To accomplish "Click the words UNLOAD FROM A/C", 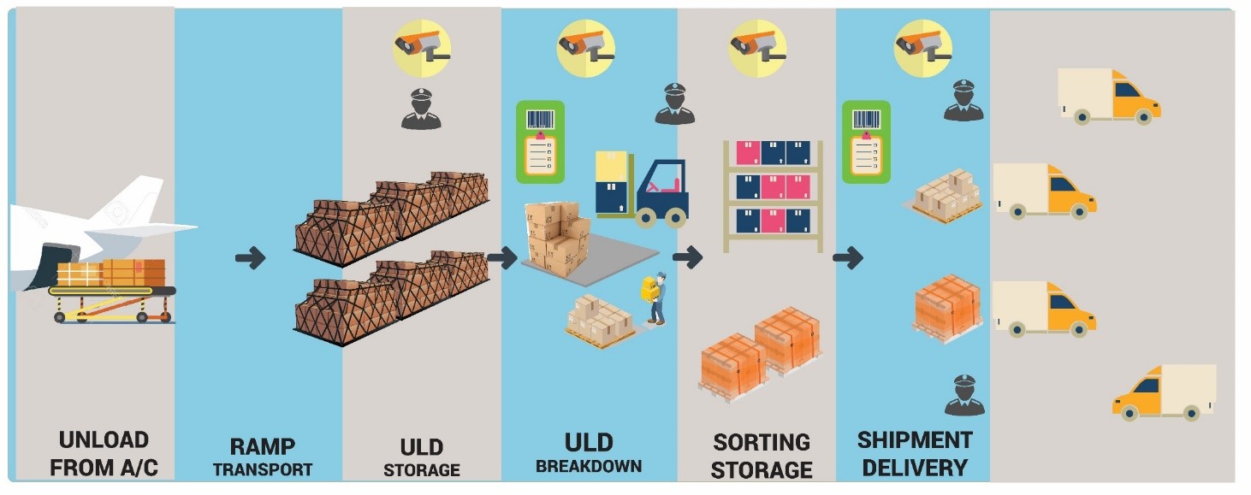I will coord(104,454).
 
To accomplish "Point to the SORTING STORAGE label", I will coord(762,457).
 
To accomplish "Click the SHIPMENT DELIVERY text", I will coord(915,454).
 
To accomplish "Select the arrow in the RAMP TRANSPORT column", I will coord(251,257).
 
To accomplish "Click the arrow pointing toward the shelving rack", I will coord(686,256).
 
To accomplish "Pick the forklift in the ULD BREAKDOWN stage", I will coord(643,189).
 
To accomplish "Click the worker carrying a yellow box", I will coord(655,298).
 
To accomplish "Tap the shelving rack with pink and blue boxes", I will coord(773,195).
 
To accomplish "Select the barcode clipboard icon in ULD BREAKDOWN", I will coord(540,142).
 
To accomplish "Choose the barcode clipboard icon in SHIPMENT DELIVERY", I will coord(866,142).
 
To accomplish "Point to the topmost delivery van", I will coord(1109,96).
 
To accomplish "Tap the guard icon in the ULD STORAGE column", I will coord(421,109).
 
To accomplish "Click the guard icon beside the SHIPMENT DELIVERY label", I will coord(964,395).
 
